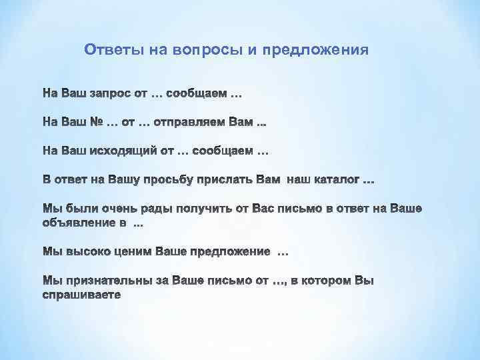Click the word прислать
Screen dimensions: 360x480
229,180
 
